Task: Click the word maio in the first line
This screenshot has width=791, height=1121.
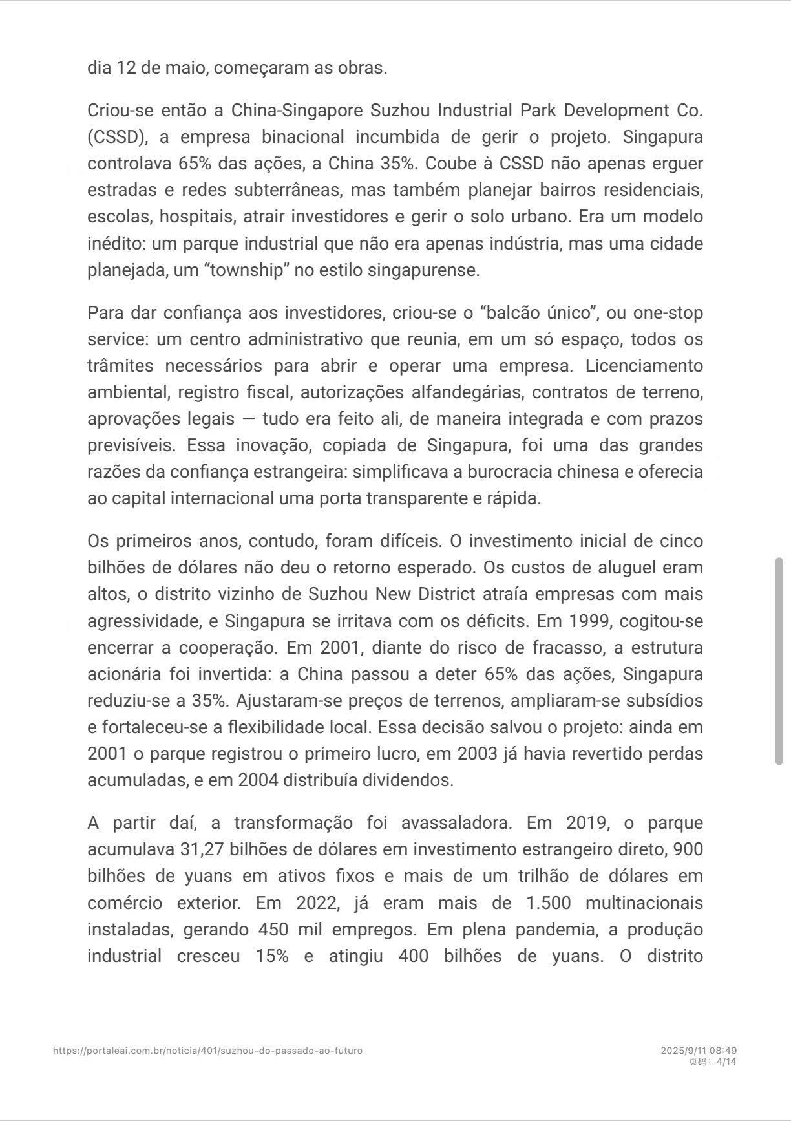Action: click(185, 68)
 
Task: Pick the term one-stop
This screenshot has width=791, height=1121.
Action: click(668, 313)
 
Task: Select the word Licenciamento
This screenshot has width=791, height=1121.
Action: click(644, 366)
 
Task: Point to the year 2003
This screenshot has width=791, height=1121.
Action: click(477, 754)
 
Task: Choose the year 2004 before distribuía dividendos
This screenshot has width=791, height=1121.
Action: click(258, 780)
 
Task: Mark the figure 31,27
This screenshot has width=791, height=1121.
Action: click(202, 849)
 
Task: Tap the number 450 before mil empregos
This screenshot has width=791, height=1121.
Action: click(273, 930)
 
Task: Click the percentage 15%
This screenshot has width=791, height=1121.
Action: click(272, 956)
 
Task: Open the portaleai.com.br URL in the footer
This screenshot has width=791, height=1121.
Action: click(207, 1051)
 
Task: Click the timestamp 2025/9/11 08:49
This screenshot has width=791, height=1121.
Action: click(699, 1051)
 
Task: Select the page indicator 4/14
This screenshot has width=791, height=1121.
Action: click(726, 1062)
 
